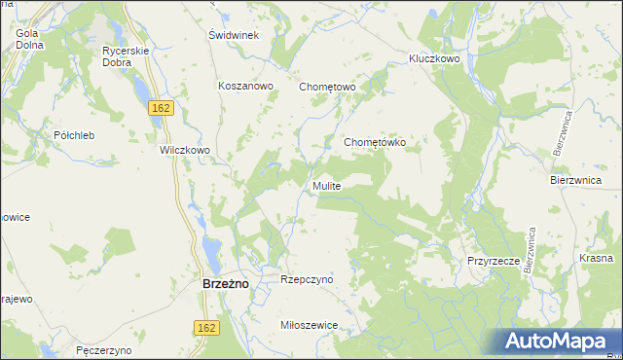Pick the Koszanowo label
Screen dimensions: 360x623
coord(247,86)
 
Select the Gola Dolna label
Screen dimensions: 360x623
coord(27,39)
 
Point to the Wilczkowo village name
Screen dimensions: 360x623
coord(185,151)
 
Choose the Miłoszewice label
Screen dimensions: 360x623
coord(308,325)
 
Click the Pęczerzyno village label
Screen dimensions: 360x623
coord(103,348)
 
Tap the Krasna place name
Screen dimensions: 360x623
coord(596,258)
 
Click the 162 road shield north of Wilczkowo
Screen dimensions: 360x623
coord(162,108)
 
